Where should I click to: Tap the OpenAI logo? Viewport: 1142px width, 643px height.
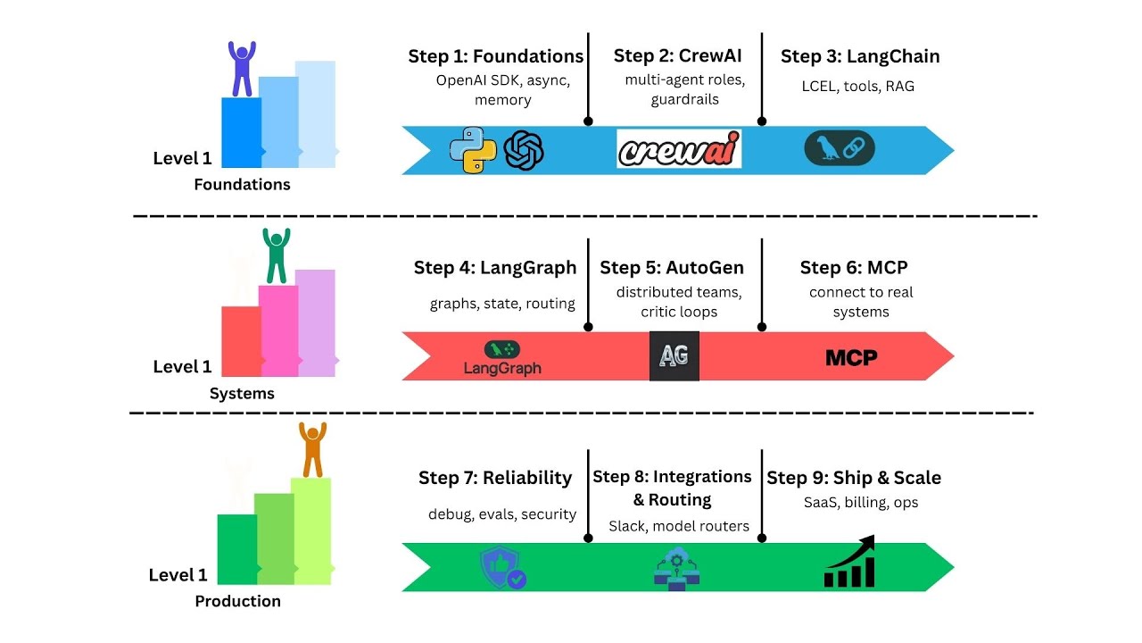coord(524,150)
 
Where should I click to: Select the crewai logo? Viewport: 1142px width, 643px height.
coord(679,150)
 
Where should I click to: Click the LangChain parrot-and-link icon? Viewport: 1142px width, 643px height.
coord(840,149)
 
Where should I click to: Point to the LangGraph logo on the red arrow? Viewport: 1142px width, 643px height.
coord(502,357)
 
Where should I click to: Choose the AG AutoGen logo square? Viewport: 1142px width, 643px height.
coord(674,356)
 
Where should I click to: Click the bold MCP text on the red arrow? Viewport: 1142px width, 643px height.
coord(851,358)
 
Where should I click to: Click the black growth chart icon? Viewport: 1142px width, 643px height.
coord(849,563)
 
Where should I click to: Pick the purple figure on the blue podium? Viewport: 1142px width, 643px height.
coord(241,69)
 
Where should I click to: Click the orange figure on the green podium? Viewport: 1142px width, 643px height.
coord(312,449)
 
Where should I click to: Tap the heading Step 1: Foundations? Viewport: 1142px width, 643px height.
coord(496,56)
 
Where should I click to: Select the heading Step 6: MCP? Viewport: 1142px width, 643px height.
coord(854,268)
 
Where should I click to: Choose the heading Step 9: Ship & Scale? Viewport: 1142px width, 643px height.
coord(854,478)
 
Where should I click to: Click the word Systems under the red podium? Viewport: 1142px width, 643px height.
coord(242,394)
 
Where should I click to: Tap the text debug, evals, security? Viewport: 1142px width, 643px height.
coord(502,514)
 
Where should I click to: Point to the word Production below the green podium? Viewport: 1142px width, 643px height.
coord(237,601)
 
